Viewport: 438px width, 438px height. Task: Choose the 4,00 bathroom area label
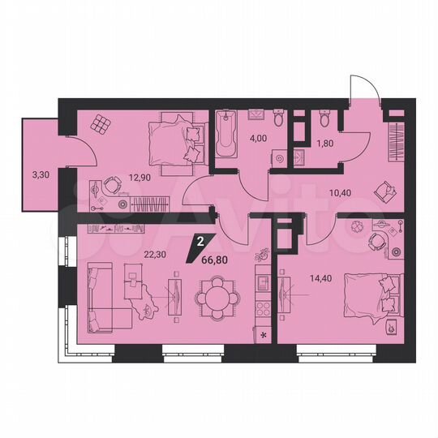pos(258,138)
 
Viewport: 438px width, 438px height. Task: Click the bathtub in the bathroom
pos(224,135)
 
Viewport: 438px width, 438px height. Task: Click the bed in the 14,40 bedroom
pos(372,297)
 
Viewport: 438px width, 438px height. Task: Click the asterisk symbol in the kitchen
pos(262,333)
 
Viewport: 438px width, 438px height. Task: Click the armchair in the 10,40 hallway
pos(382,191)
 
